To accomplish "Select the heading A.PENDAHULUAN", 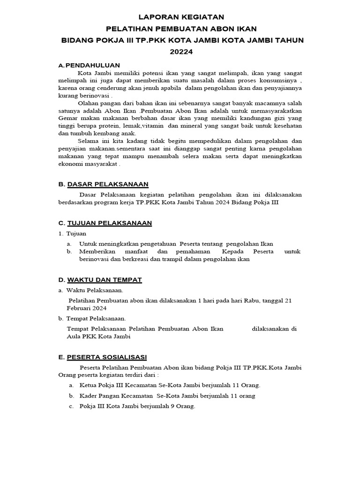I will point(89,65).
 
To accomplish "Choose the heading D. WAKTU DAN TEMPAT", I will point(100,280).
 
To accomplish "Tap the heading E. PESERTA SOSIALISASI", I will point(103,357).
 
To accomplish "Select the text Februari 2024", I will point(87,308).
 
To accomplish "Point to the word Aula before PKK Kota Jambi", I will point(74,337).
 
